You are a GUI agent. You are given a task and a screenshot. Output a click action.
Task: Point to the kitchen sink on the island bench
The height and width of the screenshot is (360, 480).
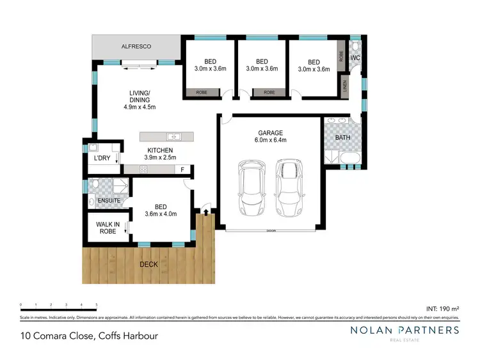[x=173, y=136]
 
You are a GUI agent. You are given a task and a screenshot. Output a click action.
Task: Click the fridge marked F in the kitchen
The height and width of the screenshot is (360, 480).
[x=183, y=169]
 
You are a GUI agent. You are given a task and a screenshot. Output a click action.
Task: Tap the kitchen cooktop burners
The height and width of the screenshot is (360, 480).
[x=143, y=169]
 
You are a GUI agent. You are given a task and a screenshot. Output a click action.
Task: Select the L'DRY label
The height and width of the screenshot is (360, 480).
[x=102, y=157]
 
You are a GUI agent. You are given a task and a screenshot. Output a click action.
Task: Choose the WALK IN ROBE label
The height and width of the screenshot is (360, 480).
[x=108, y=228]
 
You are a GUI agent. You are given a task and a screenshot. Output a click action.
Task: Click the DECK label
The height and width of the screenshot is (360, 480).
[x=150, y=263]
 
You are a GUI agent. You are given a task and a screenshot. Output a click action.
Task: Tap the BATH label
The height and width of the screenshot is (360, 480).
[x=342, y=137]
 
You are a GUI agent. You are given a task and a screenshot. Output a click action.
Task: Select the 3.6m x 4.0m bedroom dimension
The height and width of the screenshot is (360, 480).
[x=160, y=214]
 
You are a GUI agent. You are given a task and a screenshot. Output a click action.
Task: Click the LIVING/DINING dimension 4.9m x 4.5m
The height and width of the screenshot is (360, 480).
[x=140, y=107]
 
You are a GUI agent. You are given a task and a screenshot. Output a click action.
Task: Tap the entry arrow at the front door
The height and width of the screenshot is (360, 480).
[x=205, y=211]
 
